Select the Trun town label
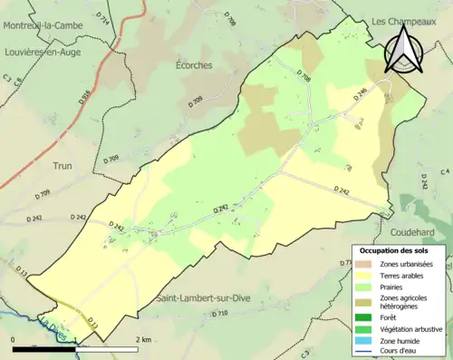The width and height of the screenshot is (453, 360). coord(63,166)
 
